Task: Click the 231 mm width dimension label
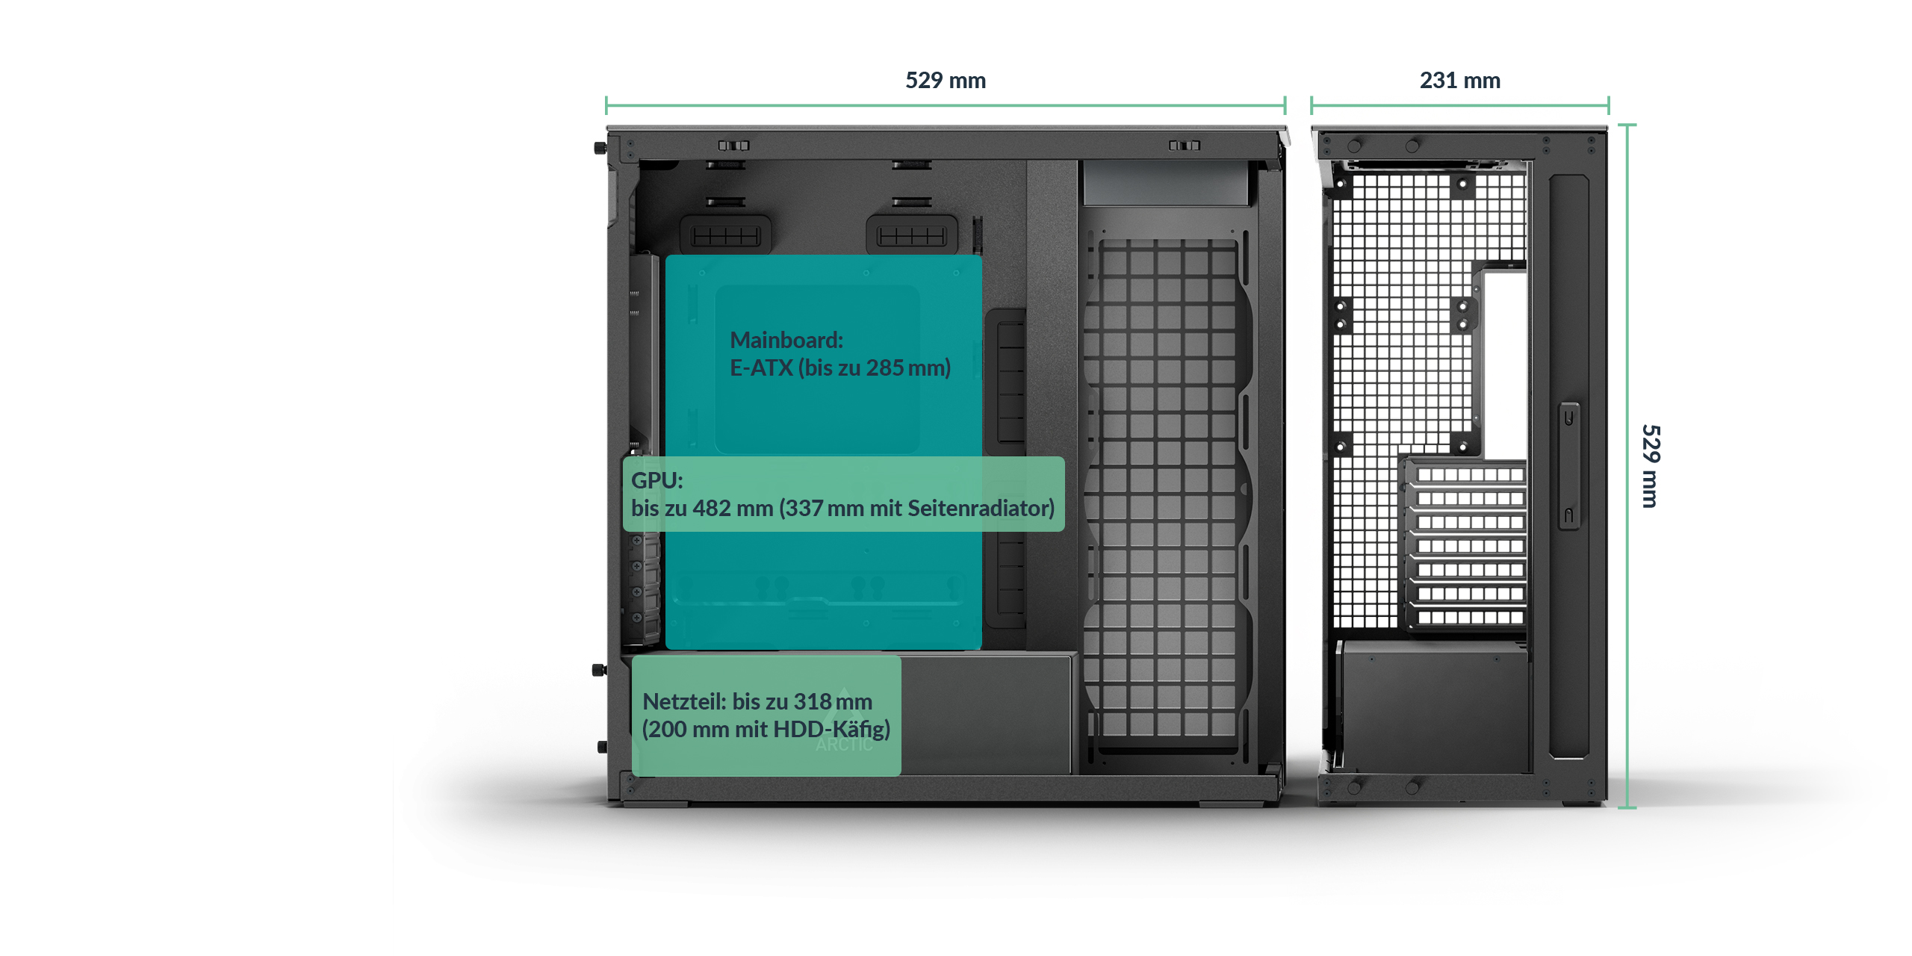(x=1459, y=80)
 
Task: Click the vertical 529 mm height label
(x=1650, y=466)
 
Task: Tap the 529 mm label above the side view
(x=945, y=80)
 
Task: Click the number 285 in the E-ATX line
(x=884, y=367)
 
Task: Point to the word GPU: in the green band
(x=657, y=480)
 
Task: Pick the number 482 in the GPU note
(x=711, y=508)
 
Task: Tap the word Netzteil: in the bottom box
(x=683, y=701)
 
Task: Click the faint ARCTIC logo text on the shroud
(x=843, y=745)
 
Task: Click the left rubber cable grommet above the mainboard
(x=725, y=236)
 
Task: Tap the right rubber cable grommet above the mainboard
(x=911, y=236)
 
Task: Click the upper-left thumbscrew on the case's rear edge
(x=600, y=148)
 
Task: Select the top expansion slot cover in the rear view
(x=1469, y=475)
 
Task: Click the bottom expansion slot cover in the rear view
(x=1469, y=618)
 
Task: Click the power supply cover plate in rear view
(x=1434, y=706)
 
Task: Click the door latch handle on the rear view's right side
(x=1568, y=466)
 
